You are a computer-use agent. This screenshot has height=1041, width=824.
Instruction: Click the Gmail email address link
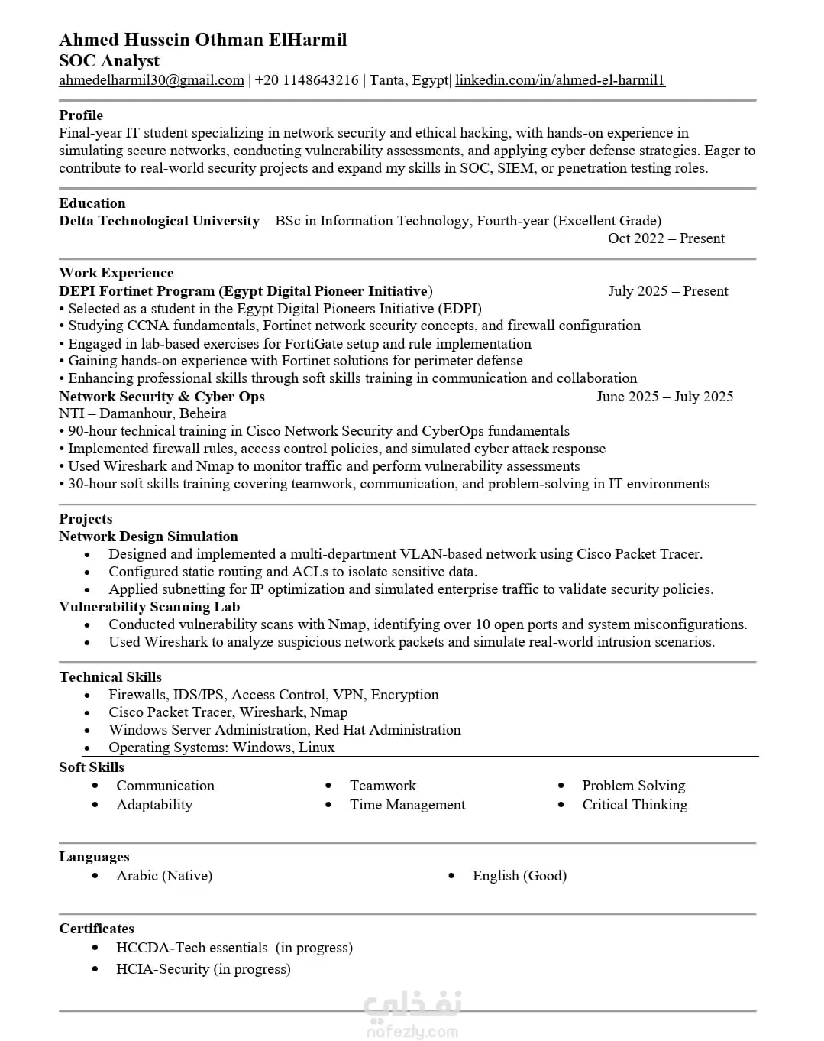pyautogui.click(x=151, y=80)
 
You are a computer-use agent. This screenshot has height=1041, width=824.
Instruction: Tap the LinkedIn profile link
pyautogui.click(x=560, y=80)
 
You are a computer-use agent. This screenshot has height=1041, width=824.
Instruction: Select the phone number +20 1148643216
pyautogui.click(x=306, y=80)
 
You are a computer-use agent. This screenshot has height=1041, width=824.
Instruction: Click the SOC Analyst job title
pyautogui.click(x=109, y=61)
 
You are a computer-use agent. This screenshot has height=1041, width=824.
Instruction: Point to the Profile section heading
pyautogui.click(x=81, y=115)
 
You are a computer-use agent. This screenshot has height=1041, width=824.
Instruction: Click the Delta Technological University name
pyautogui.click(x=159, y=221)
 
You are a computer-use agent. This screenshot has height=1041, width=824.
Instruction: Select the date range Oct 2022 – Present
pyautogui.click(x=666, y=238)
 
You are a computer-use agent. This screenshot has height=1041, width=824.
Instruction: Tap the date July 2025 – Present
pyautogui.click(x=667, y=291)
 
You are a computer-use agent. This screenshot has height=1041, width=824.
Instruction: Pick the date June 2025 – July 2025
pyautogui.click(x=664, y=397)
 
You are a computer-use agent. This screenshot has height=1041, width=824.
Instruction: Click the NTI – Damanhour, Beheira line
pyautogui.click(x=143, y=413)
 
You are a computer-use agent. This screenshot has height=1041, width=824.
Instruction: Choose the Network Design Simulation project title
pyautogui.click(x=148, y=537)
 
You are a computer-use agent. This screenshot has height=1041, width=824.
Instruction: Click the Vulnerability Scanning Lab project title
pyautogui.click(x=149, y=607)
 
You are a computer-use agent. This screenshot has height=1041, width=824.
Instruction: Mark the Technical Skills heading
pyautogui.click(x=110, y=677)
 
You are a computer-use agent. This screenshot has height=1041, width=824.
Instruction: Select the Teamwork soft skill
pyautogui.click(x=383, y=786)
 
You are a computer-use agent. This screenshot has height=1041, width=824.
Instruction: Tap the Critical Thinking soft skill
pyautogui.click(x=634, y=805)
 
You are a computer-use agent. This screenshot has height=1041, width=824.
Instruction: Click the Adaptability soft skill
pyautogui.click(x=154, y=805)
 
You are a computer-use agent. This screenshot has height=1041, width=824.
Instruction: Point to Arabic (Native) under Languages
pyautogui.click(x=164, y=876)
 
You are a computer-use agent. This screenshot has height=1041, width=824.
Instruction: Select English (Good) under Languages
pyautogui.click(x=519, y=876)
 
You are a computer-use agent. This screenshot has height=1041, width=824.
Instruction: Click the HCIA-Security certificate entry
pyautogui.click(x=203, y=969)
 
